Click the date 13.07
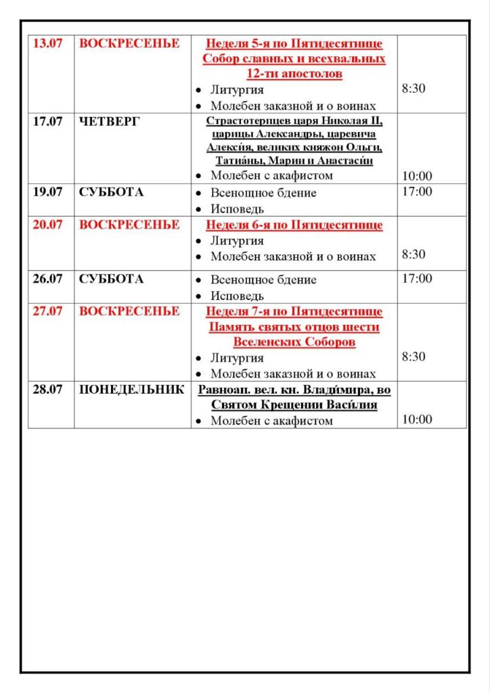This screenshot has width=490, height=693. [48, 43]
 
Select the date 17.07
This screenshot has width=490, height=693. [48, 122]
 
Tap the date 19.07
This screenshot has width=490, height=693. [48, 192]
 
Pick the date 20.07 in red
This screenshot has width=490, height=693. [48, 225]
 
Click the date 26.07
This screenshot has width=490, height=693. [48, 279]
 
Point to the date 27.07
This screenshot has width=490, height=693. [48, 311]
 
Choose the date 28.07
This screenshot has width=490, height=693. [48, 390]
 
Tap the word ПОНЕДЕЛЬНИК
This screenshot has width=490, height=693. [131, 390]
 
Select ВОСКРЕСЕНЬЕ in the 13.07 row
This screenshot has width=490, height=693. [129, 43]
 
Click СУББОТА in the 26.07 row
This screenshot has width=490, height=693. [111, 279]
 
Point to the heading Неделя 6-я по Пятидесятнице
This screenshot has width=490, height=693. [294, 225]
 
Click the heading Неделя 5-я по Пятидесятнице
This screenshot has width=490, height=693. [294, 44]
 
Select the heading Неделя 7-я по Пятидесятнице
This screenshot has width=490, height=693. [294, 312]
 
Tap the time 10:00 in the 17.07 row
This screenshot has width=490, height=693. [417, 176]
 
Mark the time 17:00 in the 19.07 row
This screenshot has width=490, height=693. [417, 192]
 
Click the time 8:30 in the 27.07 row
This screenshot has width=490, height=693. [414, 357]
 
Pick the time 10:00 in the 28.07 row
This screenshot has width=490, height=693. [417, 420]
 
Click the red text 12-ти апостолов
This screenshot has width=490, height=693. [294, 74]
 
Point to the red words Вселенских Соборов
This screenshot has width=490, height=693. [294, 342]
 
